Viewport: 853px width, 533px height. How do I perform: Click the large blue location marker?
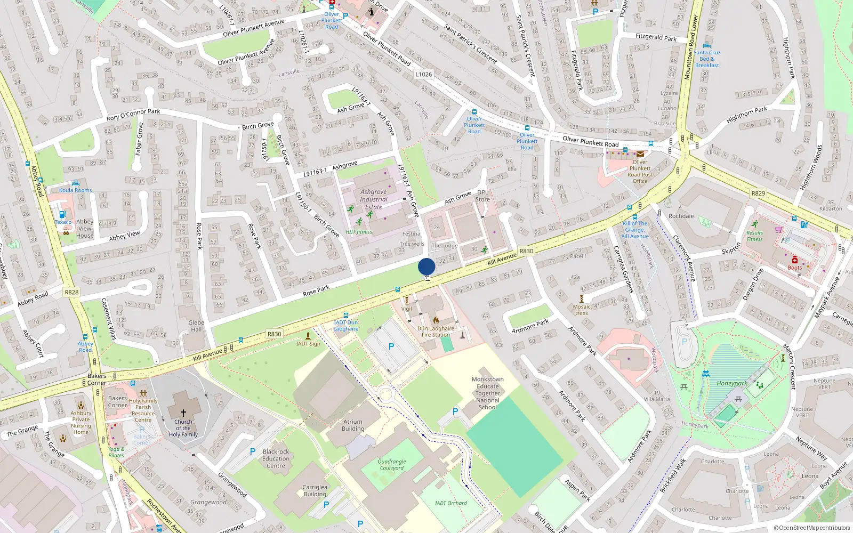(426, 266)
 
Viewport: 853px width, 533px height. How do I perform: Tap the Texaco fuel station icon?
(62, 214)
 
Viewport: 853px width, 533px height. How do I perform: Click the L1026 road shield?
(424, 74)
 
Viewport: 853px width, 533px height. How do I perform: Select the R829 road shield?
(758, 193)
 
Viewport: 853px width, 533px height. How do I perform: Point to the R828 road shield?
(71, 292)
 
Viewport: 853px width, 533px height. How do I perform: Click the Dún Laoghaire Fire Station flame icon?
(436, 320)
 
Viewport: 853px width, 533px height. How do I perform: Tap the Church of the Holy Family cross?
(183, 413)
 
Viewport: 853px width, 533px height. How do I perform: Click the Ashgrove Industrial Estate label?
(373, 199)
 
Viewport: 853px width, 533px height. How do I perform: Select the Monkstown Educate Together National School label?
(487, 393)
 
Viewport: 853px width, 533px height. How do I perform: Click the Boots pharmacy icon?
(794, 260)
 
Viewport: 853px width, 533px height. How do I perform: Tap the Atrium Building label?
(353, 425)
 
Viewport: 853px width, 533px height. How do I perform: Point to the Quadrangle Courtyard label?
(392, 465)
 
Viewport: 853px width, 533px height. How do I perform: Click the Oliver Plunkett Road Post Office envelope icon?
(640, 154)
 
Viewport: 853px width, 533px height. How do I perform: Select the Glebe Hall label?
(196, 326)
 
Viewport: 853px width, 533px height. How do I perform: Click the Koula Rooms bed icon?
(75, 183)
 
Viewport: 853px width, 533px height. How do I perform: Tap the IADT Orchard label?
(450, 503)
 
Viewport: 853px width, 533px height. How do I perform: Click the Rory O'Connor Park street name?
(133, 115)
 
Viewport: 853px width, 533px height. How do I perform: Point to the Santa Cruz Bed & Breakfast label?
(707, 59)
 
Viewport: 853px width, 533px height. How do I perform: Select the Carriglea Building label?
(315, 490)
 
